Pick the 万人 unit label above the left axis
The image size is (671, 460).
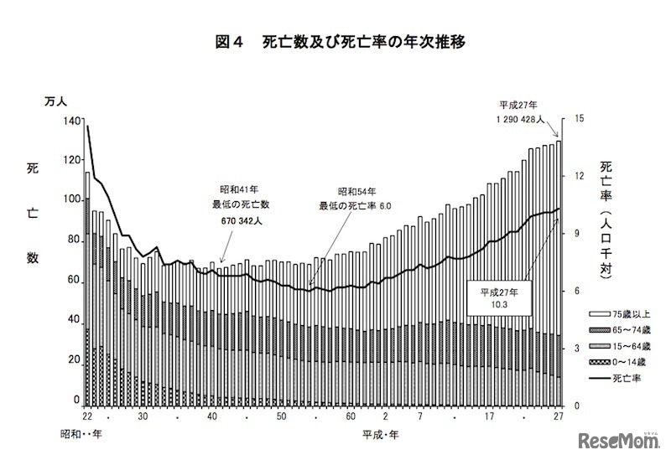56,101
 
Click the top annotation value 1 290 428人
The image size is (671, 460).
522,119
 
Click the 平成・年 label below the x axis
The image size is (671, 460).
381,436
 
